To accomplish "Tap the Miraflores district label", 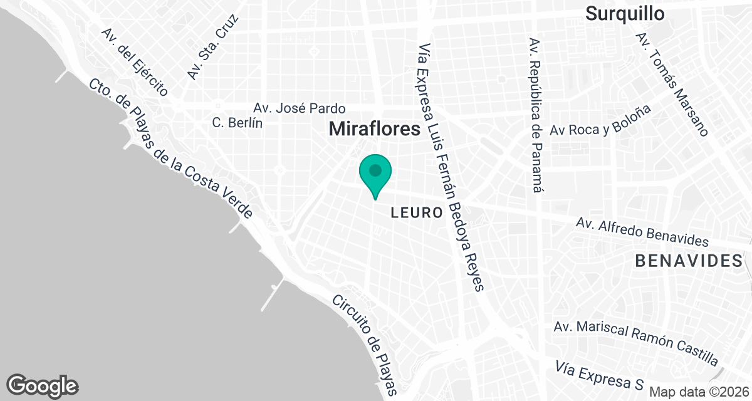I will coord(373,129).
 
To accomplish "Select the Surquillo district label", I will coord(625,13).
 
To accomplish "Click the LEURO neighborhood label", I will coord(417,212).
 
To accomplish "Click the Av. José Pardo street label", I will coord(299,108).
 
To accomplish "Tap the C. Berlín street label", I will coord(237,123).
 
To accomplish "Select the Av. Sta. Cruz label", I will coord(214,47).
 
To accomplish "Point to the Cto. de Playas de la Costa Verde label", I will coord(170,148).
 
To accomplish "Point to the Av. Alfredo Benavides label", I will coord(642,232).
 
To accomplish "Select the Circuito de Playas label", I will coord(366,345).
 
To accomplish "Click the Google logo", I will coord(43,385).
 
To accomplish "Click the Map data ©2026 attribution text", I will coord(698,392).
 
